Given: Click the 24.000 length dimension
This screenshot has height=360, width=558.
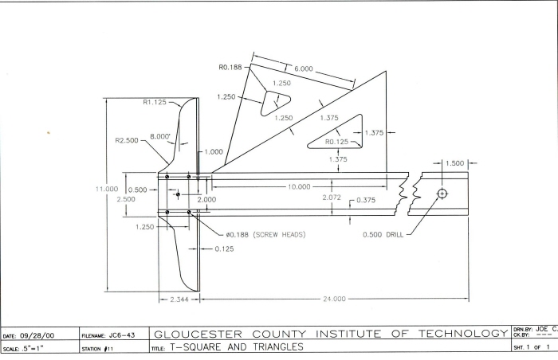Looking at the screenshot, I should point(333,299).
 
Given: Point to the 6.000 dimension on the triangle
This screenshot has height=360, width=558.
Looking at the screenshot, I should point(303,69).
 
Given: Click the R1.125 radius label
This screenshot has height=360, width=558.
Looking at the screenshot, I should point(157,102).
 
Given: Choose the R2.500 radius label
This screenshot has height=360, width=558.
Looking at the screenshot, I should point(128,140).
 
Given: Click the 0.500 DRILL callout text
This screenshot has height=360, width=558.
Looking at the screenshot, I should point(383,235).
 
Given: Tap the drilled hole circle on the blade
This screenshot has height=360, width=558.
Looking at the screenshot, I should point(442,194).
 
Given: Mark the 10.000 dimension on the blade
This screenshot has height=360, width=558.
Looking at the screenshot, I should point(299,186).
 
